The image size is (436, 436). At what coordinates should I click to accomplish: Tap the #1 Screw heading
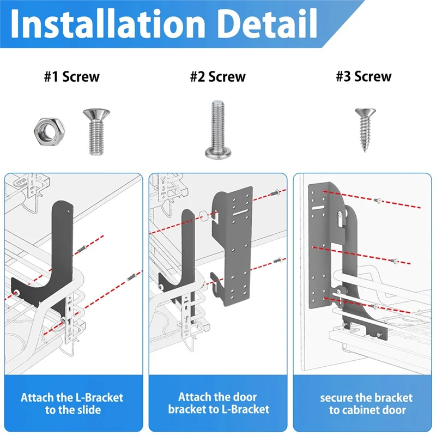(72, 77)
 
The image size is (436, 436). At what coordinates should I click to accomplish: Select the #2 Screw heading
(217, 77)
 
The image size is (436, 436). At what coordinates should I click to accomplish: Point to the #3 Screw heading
(364, 76)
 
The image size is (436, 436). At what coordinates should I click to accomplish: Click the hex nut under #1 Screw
(50, 131)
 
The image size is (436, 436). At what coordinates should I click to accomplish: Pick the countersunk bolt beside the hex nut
(96, 131)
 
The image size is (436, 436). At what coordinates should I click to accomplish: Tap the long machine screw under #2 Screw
(218, 130)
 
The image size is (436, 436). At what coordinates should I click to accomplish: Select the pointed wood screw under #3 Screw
(365, 130)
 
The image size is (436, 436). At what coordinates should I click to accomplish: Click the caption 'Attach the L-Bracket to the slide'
(72, 404)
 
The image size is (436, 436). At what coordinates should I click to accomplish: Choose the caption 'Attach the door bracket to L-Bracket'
(219, 403)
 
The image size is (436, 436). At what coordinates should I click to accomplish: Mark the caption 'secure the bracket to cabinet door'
(366, 404)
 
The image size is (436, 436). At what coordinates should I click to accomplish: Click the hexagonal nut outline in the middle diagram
(203, 215)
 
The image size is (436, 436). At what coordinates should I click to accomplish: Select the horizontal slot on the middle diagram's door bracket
(241, 213)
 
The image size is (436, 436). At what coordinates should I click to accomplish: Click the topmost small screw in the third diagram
(378, 200)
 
